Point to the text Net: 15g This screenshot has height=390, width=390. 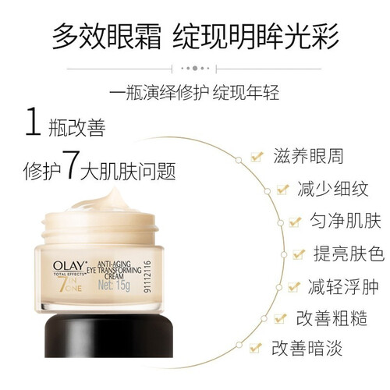click(x=114, y=285)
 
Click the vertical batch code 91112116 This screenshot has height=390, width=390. click(x=147, y=276)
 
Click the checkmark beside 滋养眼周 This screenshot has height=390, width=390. click(x=257, y=157)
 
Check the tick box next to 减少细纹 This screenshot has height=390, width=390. click(x=282, y=189)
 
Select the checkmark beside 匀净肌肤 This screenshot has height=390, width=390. click(x=295, y=222)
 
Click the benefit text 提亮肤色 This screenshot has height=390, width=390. click(x=349, y=253)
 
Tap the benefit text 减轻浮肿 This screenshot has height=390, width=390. click(x=343, y=287)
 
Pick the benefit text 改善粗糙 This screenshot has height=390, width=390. click(x=331, y=318)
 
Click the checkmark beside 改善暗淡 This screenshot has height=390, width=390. click(x=255, y=348)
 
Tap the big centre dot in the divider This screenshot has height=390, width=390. click(x=195, y=69)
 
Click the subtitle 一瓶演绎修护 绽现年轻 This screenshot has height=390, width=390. click(x=194, y=92)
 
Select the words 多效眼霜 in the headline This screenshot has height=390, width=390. click(x=106, y=36)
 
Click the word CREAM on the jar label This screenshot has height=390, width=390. click(x=114, y=276)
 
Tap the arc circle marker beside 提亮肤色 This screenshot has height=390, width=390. click(x=284, y=254)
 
